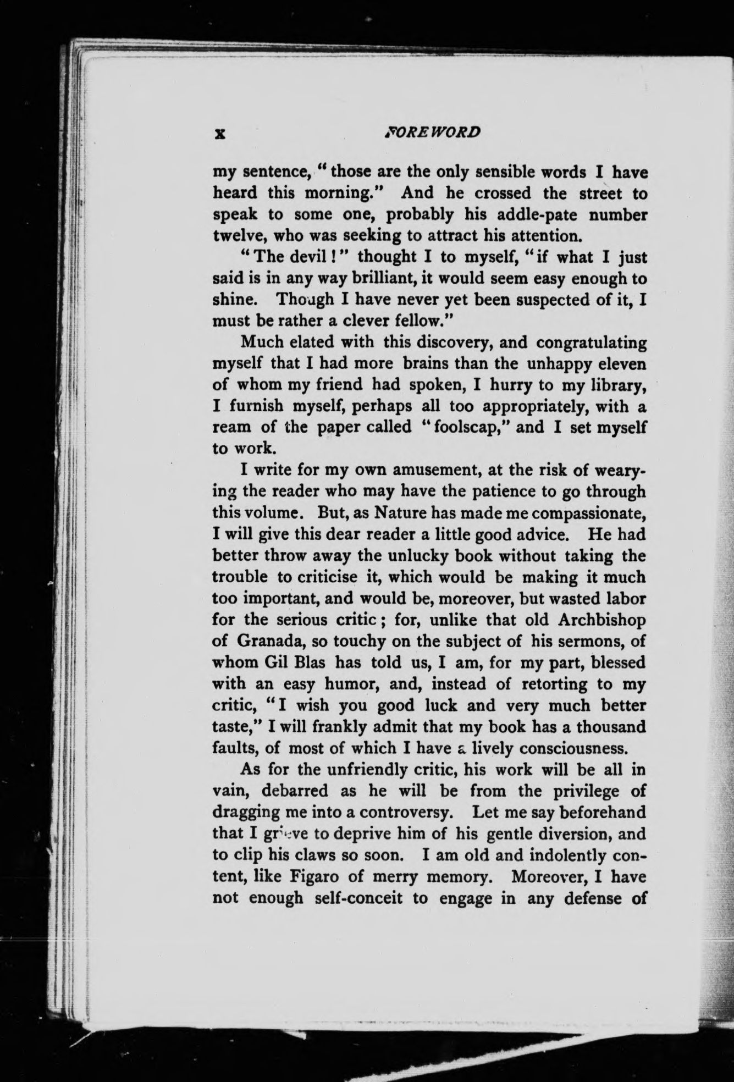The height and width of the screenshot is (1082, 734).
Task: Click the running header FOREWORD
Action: click(x=434, y=132)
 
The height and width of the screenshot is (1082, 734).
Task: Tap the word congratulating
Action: click(x=592, y=343)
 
